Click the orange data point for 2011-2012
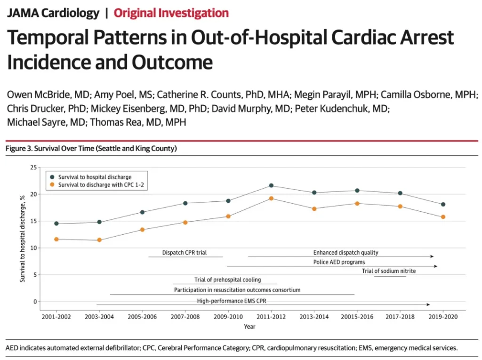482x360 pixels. [x=271, y=198]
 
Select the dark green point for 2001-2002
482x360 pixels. [x=56, y=224]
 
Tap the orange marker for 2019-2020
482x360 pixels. [x=443, y=217]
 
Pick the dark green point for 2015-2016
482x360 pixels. [x=357, y=191]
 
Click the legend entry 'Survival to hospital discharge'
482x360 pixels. [x=95, y=177]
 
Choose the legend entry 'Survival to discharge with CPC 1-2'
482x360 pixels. [x=101, y=185]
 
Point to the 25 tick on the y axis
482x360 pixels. [x=33, y=168]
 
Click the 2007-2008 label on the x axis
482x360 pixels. [x=185, y=317]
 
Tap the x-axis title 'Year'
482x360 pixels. [x=250, y=327]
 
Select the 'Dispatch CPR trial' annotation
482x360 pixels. [x=185, y=253]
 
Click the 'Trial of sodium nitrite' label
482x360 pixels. [x=389, y=271]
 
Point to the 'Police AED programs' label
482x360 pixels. [x=339, y=262]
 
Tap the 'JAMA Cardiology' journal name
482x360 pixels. [x=53, y=13]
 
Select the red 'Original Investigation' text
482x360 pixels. [x=171, y=13]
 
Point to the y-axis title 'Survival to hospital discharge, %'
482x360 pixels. [x=23, y=239]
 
